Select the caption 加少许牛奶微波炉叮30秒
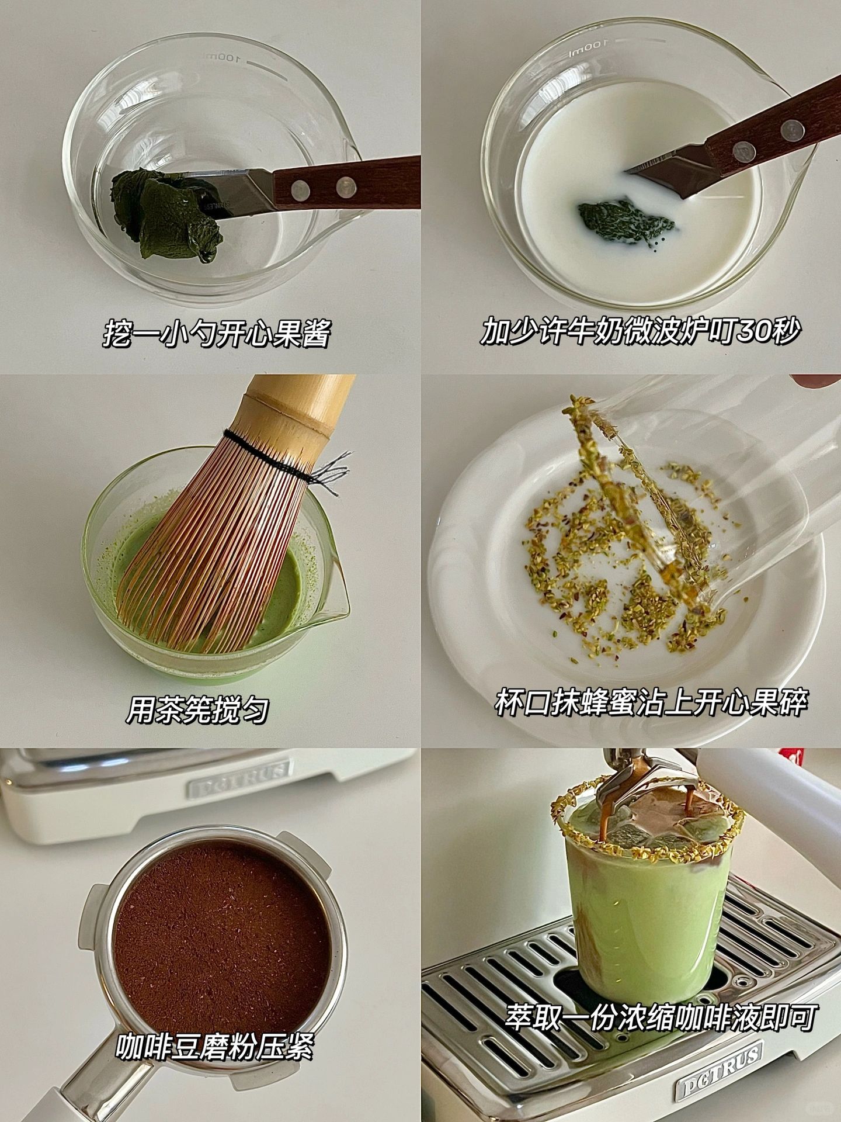(x=640, y=332)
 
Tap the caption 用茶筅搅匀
(x=197, y=711)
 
